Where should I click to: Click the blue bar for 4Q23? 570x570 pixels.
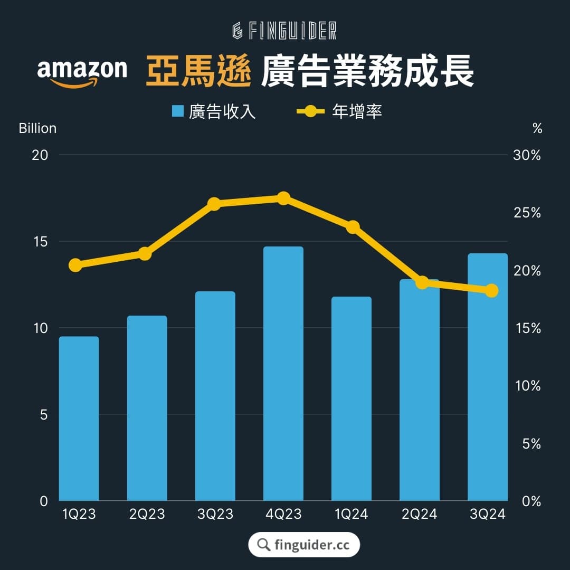(x=283, y=373)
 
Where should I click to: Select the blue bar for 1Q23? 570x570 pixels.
(x=79, y=419)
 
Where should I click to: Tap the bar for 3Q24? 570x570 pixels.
(x=488, y=377)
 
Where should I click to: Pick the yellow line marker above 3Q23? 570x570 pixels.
(x=214, y=204)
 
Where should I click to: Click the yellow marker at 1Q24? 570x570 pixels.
(x=353, y=227)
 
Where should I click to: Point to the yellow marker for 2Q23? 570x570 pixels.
(x=145, y=254)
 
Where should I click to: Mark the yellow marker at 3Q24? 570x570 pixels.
(x=491, y=290)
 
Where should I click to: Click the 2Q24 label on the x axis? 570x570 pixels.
(x=419, y=514)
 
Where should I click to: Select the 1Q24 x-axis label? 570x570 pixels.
(x=351, y=514)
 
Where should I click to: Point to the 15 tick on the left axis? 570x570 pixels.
(x=40, y=241)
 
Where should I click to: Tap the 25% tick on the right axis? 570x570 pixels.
(x=527, y=213)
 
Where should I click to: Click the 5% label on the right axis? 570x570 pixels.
(x=531, y=443)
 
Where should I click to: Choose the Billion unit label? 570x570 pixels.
(x=37, y=128)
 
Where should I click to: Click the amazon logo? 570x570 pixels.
(x=82, y=73)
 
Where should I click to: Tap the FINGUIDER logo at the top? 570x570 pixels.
(x=284, y=31)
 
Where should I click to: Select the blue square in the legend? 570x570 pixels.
(x=177, y=111)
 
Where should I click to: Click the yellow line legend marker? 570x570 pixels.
(x=310, y=111)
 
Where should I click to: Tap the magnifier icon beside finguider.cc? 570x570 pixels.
(x=263, y=545)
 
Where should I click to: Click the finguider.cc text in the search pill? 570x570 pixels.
(x=312, y=545)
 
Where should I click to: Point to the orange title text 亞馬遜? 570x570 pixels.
(x=198, y=71)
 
